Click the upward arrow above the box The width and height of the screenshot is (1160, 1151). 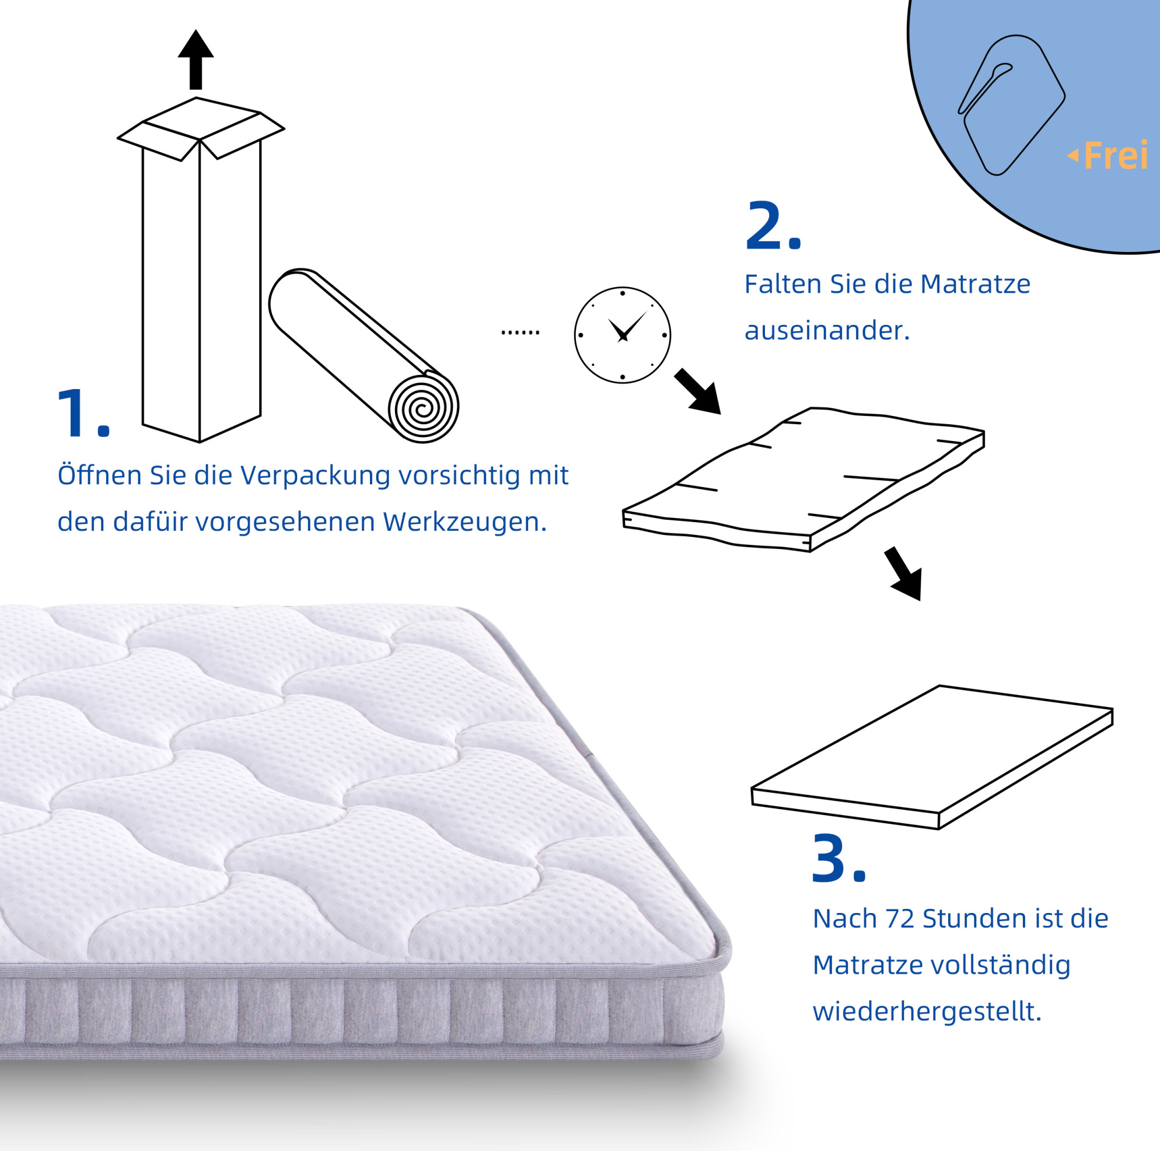[x=195, y=60]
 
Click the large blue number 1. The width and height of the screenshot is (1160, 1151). [x=83, y=414]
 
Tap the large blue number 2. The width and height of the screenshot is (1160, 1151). [x=773, y=225]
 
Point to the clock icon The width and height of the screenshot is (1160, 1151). [x=623, y=334]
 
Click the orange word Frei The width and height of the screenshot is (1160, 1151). [x=1116, y=155]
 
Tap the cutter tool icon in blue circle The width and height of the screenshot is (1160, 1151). [x=1011, y=105]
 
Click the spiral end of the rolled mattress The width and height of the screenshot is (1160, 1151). [x=423, y=408]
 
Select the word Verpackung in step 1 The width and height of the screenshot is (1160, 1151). [x=316, y=475]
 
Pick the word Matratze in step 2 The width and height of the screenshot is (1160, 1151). [x=975, y=284]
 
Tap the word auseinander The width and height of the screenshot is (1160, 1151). [x=827, y=331]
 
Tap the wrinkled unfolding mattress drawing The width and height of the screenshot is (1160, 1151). [x=803, y=480]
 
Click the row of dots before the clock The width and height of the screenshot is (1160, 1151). [x=520, y=332]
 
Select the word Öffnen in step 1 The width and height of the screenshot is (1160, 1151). [x=99, y=474]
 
